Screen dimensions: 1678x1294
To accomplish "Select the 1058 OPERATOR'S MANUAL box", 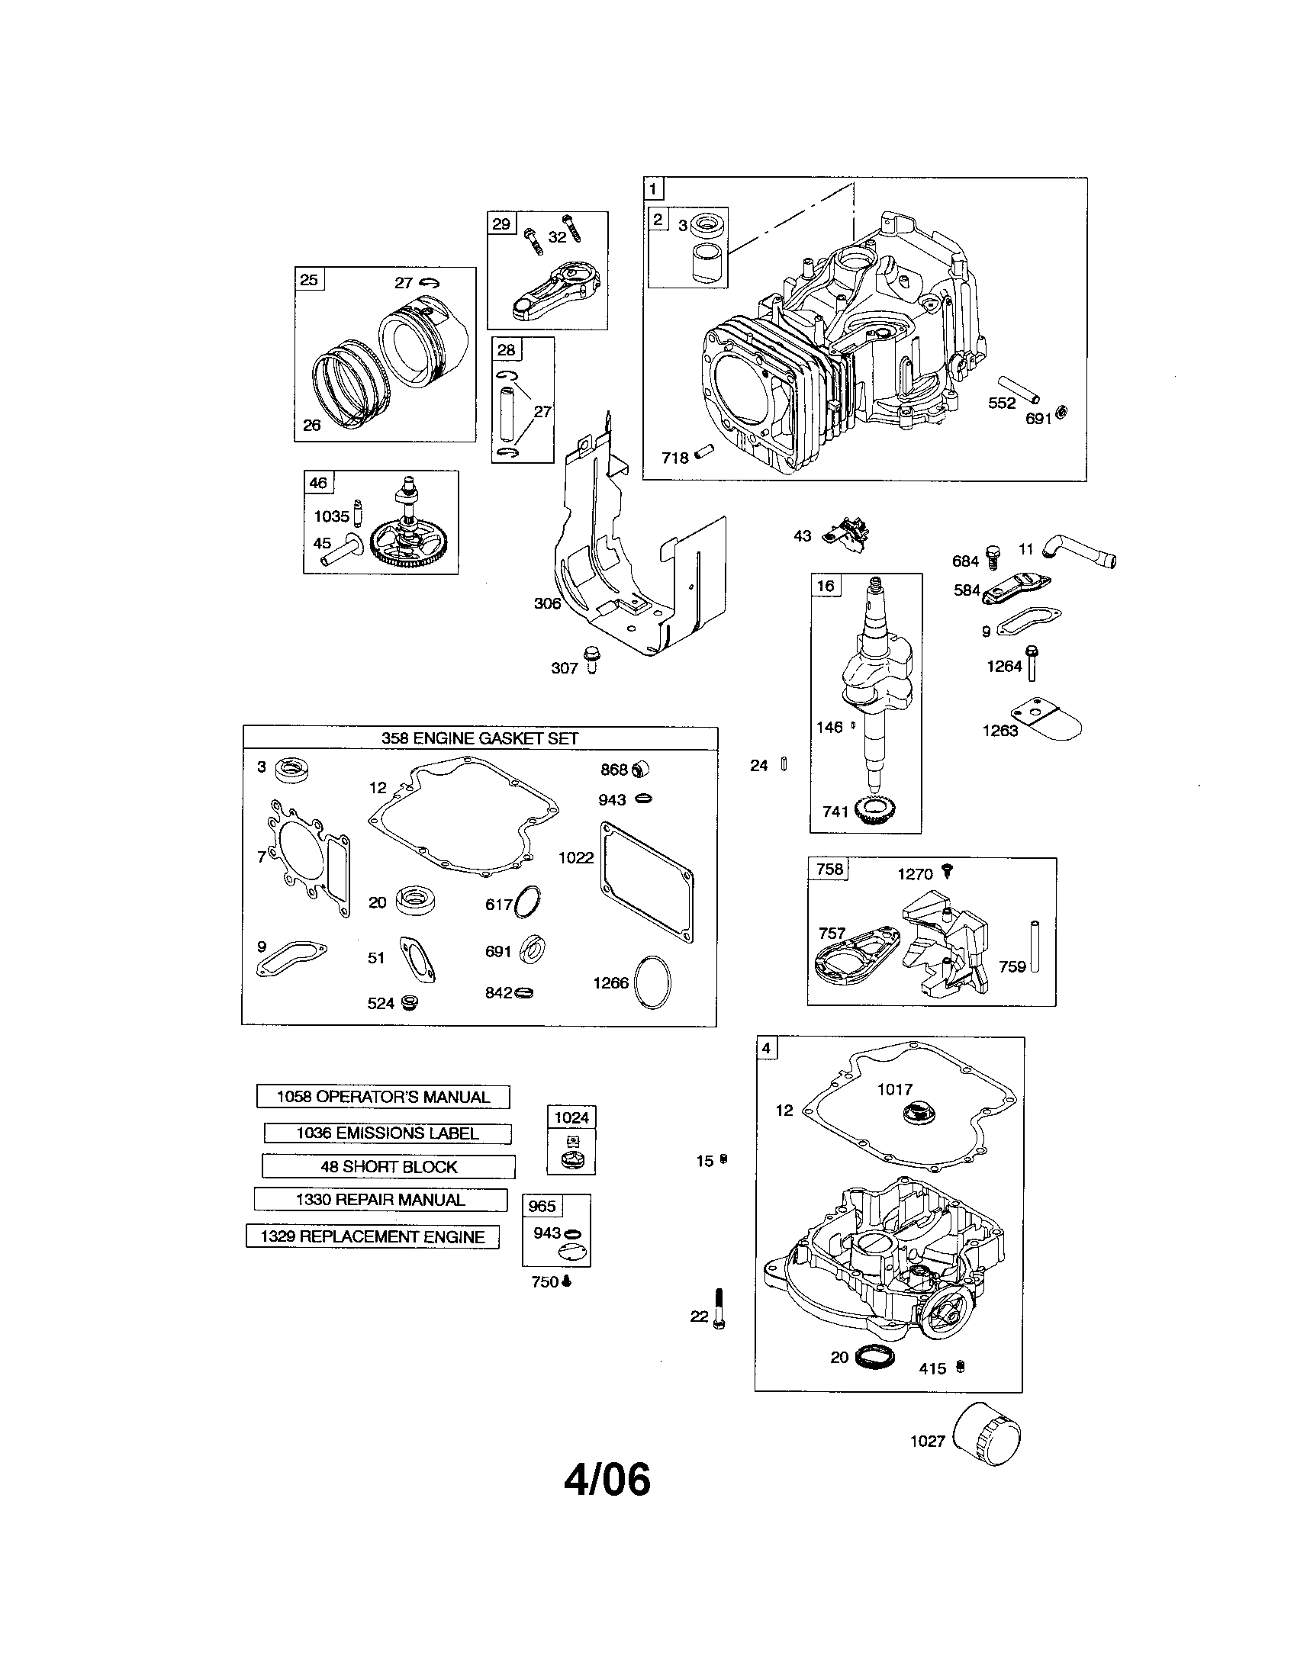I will click(x=383, y=1096).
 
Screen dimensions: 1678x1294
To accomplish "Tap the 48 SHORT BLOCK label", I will click(x=389, y=1166).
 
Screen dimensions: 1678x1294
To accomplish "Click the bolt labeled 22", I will click(x=720, y=1308).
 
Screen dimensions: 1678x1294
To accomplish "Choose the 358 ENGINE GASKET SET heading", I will click(x=479, y=738).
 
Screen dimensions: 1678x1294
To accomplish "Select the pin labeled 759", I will click(x=1035, y=945).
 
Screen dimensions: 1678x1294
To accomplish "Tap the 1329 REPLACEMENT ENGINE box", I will click(x=372, y=1236).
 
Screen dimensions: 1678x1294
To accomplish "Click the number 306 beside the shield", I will click(x=547, y=603).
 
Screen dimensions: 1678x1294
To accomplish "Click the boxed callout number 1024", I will click(x=571, y=1117).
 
